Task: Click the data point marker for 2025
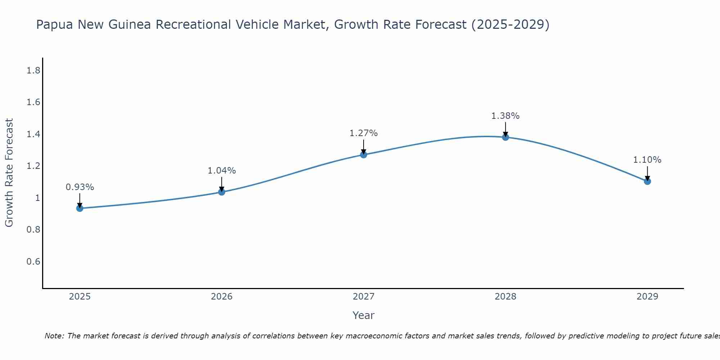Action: click(x=80, y=208)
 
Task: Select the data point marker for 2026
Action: click(x=222, y=192)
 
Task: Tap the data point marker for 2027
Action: click(x=364, y=155)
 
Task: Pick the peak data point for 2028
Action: click(x=505, y=137)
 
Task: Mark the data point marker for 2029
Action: click(x=647, y=181)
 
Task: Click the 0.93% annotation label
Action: click(x=80, y=187)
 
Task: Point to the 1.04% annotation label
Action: click(x=222, y=171)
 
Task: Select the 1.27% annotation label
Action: click(x=364, y=133)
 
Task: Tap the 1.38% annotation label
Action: click(x=505, y=116)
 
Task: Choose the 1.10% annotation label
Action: click(x=647, y=160)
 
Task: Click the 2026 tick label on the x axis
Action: click(x=222, y=297)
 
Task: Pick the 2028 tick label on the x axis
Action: click(x=505, y=297)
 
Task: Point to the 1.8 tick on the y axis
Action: click(x=33, y=71)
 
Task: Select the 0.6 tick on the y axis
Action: click(x=33, y=261)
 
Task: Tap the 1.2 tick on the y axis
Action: click(x=33, y=166)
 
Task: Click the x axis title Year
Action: click(x=364, y=315)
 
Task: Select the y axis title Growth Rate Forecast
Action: click(x=9, y=173)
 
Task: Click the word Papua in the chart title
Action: click(x=55, y=25)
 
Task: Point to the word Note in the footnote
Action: click(x=54, y=336)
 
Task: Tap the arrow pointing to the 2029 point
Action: click(x=647, y=173)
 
